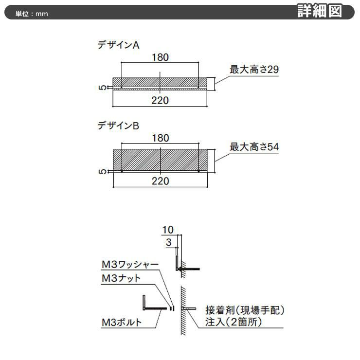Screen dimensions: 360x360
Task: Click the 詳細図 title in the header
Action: click(x=320, y=11)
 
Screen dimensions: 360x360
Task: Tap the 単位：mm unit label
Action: click(x=32, y=14)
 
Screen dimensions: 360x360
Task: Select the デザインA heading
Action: click(x=119, y=45)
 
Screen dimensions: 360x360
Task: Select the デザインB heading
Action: click(x=119, y=126)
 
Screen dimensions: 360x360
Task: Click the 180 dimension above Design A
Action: click(x=160, y=57)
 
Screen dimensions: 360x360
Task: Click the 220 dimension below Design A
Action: click(x=160, y=101)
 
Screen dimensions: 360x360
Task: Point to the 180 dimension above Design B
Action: click(x=161, y=138)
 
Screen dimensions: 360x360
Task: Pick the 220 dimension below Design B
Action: click(x=161, y=181)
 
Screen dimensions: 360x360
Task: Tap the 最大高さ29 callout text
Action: click(x=254, y=70)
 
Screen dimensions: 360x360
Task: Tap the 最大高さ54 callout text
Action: click(x=254, y=147)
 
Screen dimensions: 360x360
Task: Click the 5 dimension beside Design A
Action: click(x=103, y=88)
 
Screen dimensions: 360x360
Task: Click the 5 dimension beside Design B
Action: click(x=103, y=172)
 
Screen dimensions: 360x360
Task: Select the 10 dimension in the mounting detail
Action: click(x=168, y=230)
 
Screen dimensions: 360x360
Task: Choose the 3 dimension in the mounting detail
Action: click(x=169, y=242)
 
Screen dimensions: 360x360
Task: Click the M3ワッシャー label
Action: click(x=130, y=265)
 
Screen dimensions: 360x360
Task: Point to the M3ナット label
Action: click(x=121, y=278)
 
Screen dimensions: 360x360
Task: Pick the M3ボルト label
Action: click(x=122, y=323)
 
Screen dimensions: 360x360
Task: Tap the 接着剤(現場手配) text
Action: click(x=245, y=310)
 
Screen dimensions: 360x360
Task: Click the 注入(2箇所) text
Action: click(x=234, y=322)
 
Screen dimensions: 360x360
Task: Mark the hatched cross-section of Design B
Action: click(x=160, y=160)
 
